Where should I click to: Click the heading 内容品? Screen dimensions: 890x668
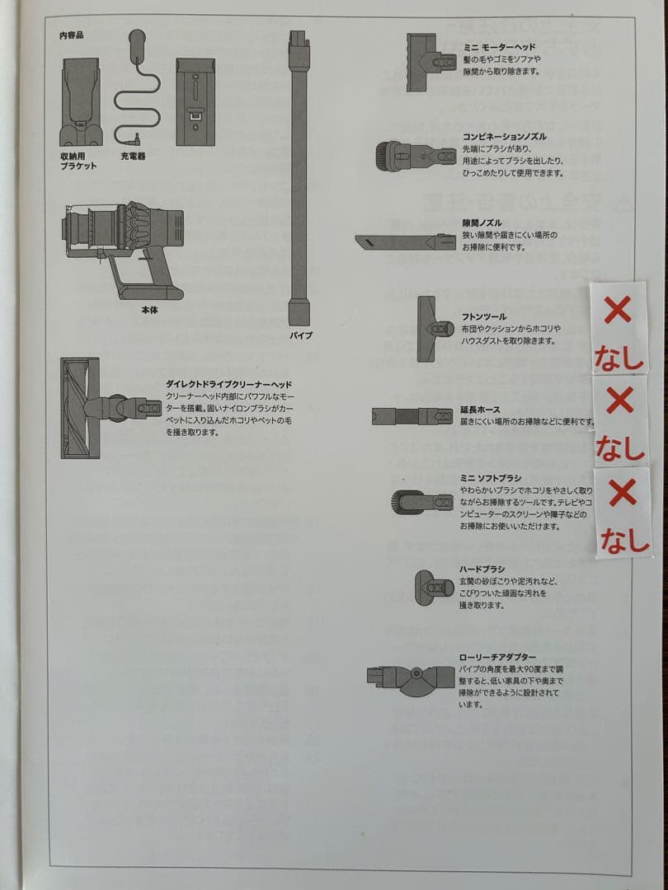[x=72, y=35]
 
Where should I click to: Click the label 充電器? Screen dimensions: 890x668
[x=133, y=155]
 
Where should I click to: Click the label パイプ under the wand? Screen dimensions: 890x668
[x=300, y=336]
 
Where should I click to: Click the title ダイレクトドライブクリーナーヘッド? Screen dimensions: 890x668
[x=228, y=384]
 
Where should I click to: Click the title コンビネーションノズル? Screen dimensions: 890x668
[x=504, y=137]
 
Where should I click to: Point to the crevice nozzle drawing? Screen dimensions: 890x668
[x=405, y=241]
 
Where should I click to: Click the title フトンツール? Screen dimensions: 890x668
[x=484, y=316]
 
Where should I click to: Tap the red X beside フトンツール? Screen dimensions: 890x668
[x=618, y=311]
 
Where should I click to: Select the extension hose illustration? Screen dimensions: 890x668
[x=412, y=416]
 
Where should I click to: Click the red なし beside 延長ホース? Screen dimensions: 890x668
[x=619, y=447]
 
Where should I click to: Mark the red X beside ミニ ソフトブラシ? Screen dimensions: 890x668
[x=622, y=493]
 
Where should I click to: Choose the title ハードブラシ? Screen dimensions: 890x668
[x=482, y=569]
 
